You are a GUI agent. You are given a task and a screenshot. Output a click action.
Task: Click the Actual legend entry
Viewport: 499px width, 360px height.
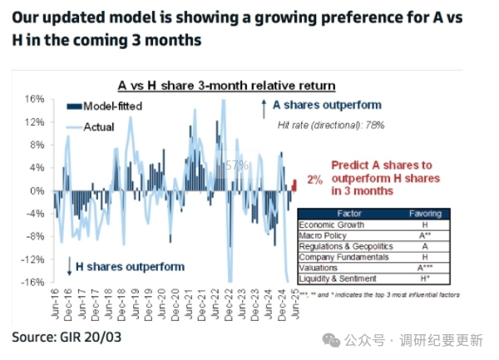click(98, 127)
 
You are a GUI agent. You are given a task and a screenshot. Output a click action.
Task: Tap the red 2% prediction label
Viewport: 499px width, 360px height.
click(314, 180)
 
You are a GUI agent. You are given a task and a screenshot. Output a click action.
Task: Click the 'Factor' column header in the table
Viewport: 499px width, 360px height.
click(350, 214)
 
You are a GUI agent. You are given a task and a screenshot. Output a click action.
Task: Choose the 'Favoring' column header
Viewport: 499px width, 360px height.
click(426, 214)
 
